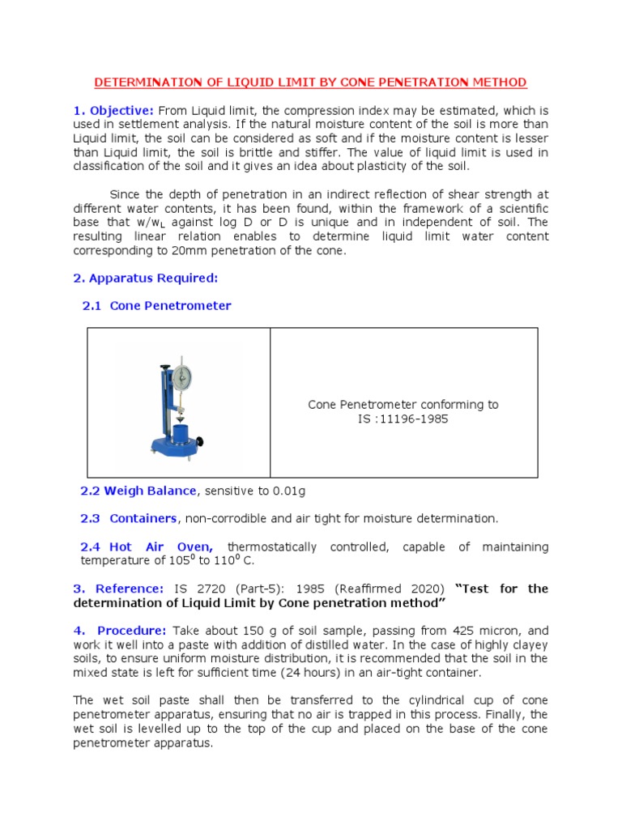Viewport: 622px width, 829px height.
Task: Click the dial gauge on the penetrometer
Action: pyautogui.click(x=183, y=378)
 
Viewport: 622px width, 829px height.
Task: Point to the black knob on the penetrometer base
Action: pyautogui.click(x=199, y=442)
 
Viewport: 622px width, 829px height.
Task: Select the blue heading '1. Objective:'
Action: pyautogui.click(x=113, y=110)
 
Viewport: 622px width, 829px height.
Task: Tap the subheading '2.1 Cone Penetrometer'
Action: pyautogui.click(x=156, y=306)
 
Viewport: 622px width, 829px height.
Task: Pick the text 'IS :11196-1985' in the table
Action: pyautogui.click(x=403, y=419)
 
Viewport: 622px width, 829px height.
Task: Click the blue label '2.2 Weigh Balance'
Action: pyautogui.click(x=138, y=491)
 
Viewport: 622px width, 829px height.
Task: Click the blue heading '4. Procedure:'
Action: pyautogui.click(x=119, y=631)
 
